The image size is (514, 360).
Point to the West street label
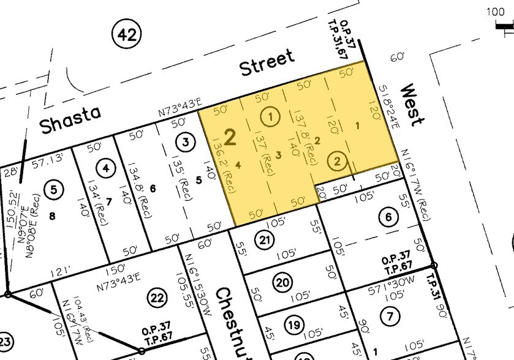pyautogui.click(x=411, y=105)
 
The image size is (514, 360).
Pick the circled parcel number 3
pyautogui.click(x=186, y=143)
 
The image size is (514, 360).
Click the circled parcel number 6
pyautogui.click(x=387, y=217)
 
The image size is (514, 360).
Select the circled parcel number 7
pyautogui.click(x=388, y=316)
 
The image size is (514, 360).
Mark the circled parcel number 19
pyautogui.click(x=294, y=325)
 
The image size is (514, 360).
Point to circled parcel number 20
pyautogui.click(x=282, y=283)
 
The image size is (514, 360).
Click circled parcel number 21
pyautogui.click(x=264, y=240)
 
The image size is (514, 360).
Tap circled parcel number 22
pyautogui.click(x=157, y=298)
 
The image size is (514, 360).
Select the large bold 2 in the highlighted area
pyautogui.click(x=230, y=137)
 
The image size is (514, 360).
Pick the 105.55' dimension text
pyautogui.click(x=194, y=287)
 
